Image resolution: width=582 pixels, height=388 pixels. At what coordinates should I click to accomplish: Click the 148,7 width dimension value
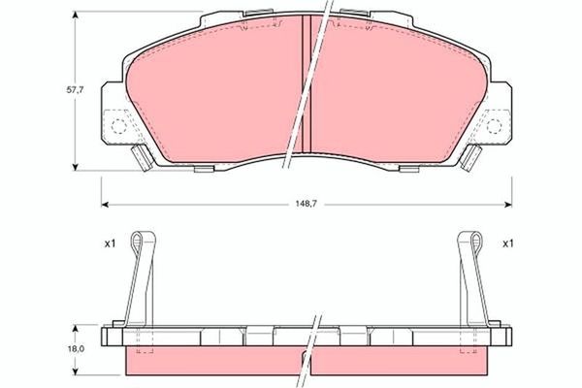(305, 205)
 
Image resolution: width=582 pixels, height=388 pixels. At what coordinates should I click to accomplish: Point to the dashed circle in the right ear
(494, 126)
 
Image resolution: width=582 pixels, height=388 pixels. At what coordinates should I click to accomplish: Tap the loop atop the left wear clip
(145, 241)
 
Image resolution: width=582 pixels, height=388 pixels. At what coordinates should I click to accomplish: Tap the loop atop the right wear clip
(468, 241)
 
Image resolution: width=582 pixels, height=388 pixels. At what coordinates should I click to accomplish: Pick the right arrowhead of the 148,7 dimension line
(510, 205)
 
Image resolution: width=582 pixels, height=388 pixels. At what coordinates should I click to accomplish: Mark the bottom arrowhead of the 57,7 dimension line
(78, 167)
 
